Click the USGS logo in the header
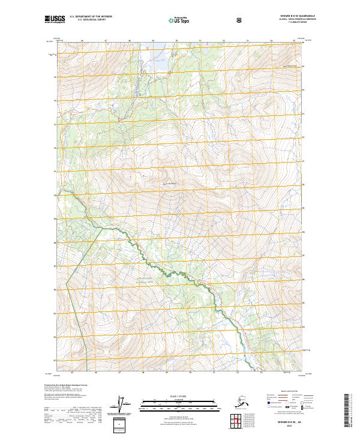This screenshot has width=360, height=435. coord(55,20)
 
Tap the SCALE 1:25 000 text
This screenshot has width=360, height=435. coord(179,395)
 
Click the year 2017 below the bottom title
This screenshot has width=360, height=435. coord(285,425)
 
